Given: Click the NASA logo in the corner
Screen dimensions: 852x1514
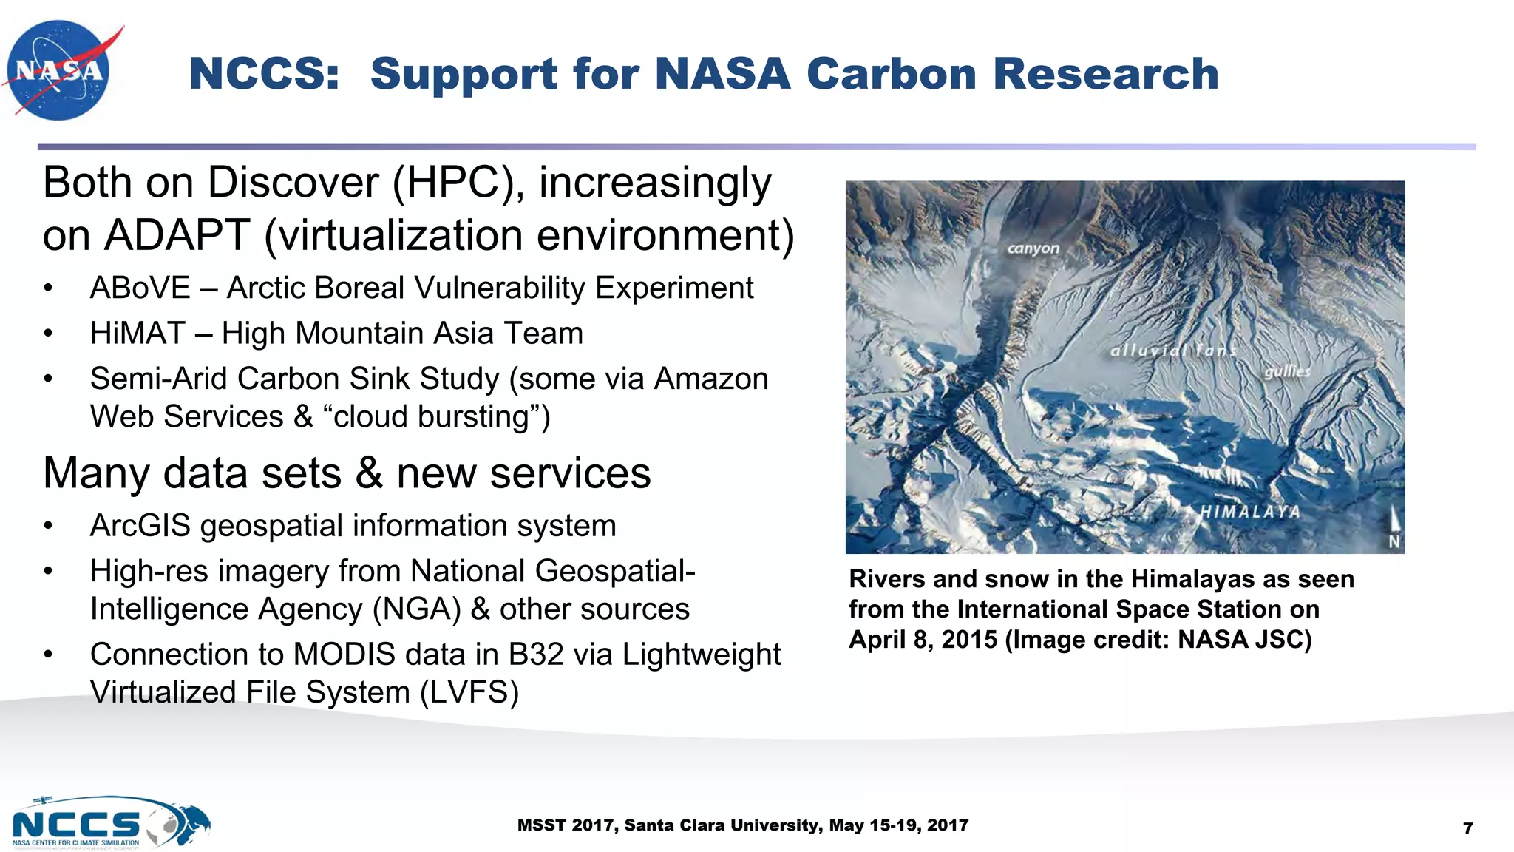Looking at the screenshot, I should click(x=59, y=70).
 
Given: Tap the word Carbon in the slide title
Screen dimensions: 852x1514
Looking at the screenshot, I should click(x=891, y=74).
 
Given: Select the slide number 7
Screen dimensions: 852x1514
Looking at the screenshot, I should click(x=1467, y=828).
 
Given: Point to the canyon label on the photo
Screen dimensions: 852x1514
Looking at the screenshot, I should click(x=1033, y=249).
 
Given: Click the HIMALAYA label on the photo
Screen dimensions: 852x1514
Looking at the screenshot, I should click(x=1249, y=512).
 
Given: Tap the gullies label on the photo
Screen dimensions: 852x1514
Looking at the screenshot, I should click(x=1287, y=371).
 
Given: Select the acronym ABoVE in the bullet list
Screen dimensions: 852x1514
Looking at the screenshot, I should click(x=140, y=288).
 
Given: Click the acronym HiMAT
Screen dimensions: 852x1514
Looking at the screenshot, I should click(x=138, y=334).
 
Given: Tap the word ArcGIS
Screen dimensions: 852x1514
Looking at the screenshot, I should click(x=140, y=526).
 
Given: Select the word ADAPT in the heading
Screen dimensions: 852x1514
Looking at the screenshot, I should click(x=177, y=236).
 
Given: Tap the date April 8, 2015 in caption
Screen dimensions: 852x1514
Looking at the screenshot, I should click(x=923, y=640).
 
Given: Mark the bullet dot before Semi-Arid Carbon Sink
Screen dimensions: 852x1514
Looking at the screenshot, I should click(x=48, y=379).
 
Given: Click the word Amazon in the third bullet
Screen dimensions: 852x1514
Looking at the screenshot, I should click(x=711, y=379).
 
